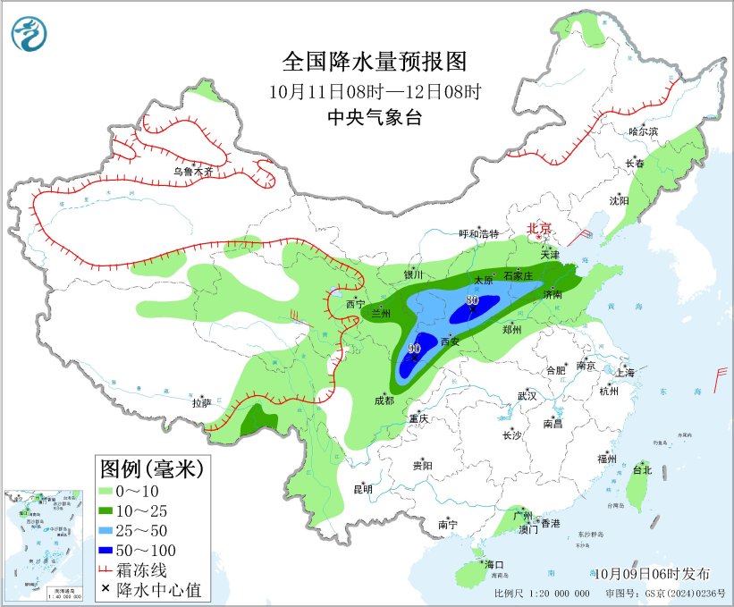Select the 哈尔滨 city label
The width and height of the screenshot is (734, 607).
[x=642, y=131]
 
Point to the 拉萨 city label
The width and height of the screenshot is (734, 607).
[x=202, y=403]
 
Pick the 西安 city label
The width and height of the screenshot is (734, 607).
[x=451, y=341]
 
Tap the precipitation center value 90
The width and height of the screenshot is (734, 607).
[x=414, y=348]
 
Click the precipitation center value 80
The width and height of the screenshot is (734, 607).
[x=472, y=301]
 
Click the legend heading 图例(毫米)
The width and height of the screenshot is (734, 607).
[x=151, y=467]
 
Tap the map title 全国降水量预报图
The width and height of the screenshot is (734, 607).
[x=375, y=62]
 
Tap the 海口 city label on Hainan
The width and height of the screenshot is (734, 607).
[x=494, y=564]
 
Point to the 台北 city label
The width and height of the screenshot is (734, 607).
[x=642, y=469]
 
